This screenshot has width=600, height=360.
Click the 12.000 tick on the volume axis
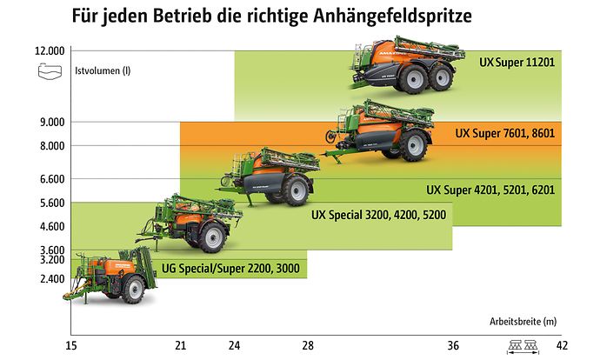(50, 51)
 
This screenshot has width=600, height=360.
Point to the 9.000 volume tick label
(52, 122)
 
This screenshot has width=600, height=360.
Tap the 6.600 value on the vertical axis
(52, 179)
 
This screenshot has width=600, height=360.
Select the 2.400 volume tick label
(52, 278)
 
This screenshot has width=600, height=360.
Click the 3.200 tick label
(52, 259)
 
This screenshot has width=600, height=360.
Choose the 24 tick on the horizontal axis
(234, 345)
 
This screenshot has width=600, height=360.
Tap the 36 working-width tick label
(453, 345)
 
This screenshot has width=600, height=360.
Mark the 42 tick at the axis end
(562, 345)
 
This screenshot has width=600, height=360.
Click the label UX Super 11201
(517, 63)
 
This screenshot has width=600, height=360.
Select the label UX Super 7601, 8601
(505, 135)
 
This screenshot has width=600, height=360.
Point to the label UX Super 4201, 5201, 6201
(490, 189)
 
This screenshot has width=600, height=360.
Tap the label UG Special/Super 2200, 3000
(230, 268)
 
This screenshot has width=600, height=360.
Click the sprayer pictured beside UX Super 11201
(402, 65)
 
